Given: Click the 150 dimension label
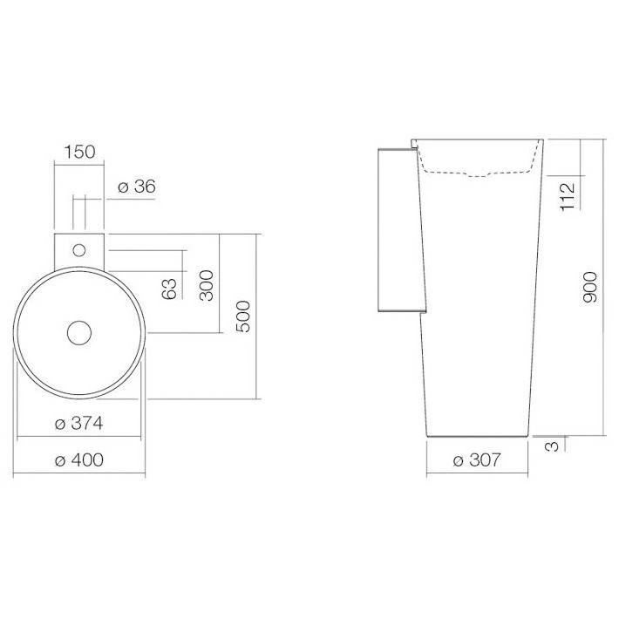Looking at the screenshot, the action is tap(79, 152).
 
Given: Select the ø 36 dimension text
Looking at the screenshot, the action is tap(137, 187).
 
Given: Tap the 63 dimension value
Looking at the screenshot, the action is tap(169, 289).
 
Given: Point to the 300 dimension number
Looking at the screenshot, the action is tap(207, 285).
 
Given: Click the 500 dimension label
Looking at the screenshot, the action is tap(243, 316).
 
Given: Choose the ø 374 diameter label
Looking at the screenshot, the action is tap(79, 423).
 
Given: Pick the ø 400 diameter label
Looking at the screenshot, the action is tap(79, 460).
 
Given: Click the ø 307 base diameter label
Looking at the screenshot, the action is tap(477, 460).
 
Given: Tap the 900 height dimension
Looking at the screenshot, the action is tap(590, 287).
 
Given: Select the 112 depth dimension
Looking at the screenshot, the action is tap(568, 196).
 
